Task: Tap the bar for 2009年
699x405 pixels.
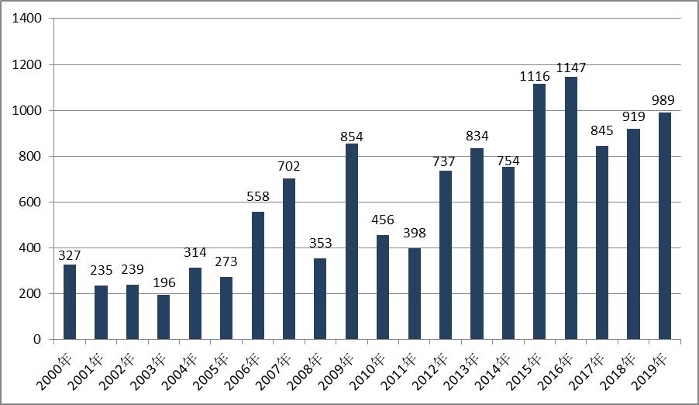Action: [x=352, y=241]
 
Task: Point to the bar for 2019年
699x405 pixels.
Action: [x=665, y=226]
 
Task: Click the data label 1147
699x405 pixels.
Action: [x=571, y=68]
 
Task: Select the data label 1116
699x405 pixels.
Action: [x=535, y=76]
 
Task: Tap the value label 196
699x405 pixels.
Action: [x=164, y=282]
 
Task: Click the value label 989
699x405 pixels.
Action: [x=663, y=100]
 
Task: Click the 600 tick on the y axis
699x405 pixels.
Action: [x=30, y=202]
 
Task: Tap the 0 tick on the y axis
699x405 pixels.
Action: [x=37, y=340]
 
